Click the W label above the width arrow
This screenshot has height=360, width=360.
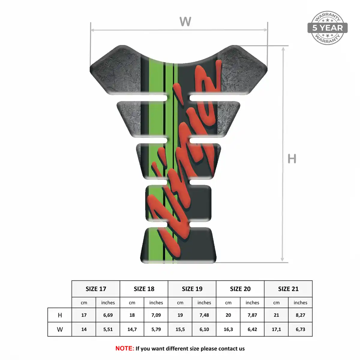click(185, 21)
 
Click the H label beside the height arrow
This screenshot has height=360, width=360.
click(292, 159)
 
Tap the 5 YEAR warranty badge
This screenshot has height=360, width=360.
click(327, 28)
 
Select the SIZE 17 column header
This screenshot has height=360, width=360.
click(96, 289)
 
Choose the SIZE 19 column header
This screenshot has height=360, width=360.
click(192, 289)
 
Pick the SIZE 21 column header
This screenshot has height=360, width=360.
click(288, 289)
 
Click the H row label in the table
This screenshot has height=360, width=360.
click(60, 315)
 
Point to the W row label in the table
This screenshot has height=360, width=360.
click(60, 329)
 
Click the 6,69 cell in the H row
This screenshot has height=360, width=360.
click(108, 315)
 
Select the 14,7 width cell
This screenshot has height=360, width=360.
click(132, 329)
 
